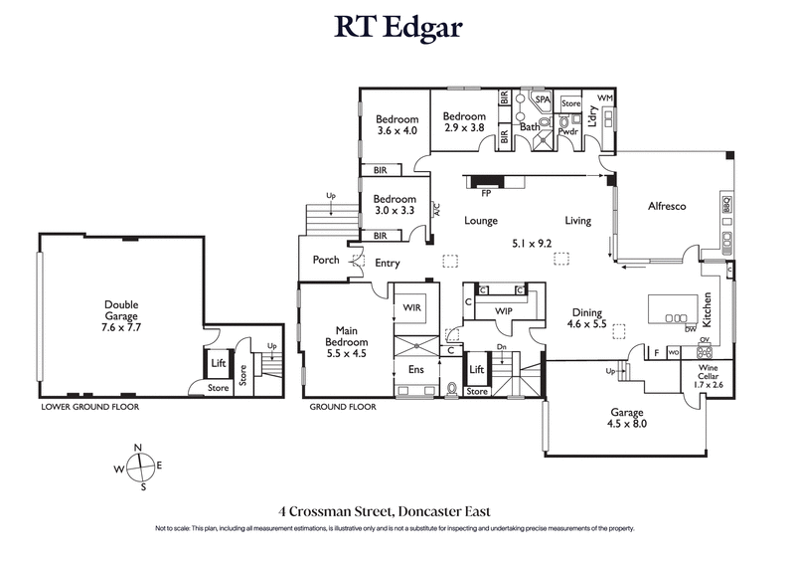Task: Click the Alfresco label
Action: click(668, 207)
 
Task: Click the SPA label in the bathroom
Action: click(543, 100)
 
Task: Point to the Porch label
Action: click(326, 261)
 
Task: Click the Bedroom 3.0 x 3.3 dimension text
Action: click(396, 210)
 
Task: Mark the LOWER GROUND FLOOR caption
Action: click(89, 408)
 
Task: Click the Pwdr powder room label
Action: click(568, 130)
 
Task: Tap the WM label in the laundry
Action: click(605, 97)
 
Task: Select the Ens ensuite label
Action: click(417, 369)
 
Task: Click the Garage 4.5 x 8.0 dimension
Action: click(626, 424)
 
